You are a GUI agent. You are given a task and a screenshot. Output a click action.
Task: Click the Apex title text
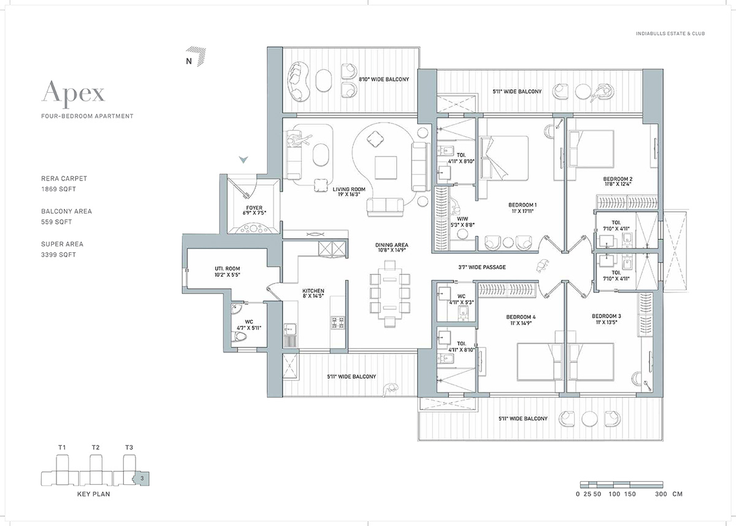click(x=73, y=93)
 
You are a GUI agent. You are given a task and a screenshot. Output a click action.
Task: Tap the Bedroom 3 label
click(x=607, y=317)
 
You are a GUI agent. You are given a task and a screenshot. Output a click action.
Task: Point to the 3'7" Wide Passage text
click(x=485, y=267)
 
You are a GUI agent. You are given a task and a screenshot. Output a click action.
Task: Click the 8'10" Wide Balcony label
click(x=384, y=80)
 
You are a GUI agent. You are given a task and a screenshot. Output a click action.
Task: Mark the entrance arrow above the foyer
click(x=243, y=160)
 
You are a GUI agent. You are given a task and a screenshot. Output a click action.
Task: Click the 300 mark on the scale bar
click(x=661, y=494)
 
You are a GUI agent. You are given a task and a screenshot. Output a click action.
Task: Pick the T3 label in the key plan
click(x=129, y=447)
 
